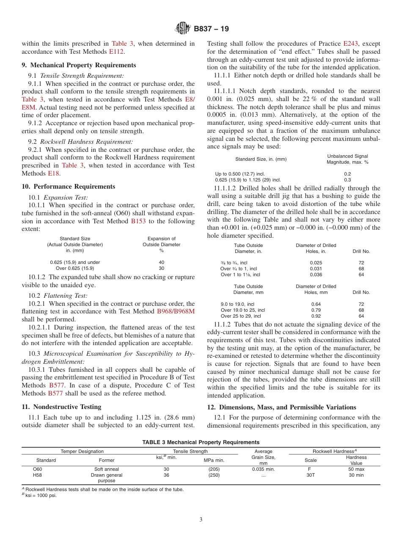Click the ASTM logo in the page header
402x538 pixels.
(183, 29)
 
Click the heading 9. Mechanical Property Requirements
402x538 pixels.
(79, 65)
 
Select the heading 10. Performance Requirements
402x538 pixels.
(68, 187)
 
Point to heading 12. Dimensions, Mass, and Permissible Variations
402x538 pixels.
(281, 407)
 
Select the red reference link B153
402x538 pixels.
(138, 221)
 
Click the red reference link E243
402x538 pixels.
(350, 44)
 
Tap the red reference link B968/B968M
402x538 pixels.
(176, 312)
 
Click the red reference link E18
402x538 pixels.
(53, 173)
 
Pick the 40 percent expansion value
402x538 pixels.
(161, 262)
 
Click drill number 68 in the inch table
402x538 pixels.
(361, 269)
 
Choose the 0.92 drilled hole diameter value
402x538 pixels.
(316, 316)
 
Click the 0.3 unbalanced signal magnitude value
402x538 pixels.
(347, 180)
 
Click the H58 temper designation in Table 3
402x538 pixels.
(38, 475)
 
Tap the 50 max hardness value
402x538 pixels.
(356, 469)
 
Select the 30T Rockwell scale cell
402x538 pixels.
(310, 475)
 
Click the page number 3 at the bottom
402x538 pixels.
(201, 520)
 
